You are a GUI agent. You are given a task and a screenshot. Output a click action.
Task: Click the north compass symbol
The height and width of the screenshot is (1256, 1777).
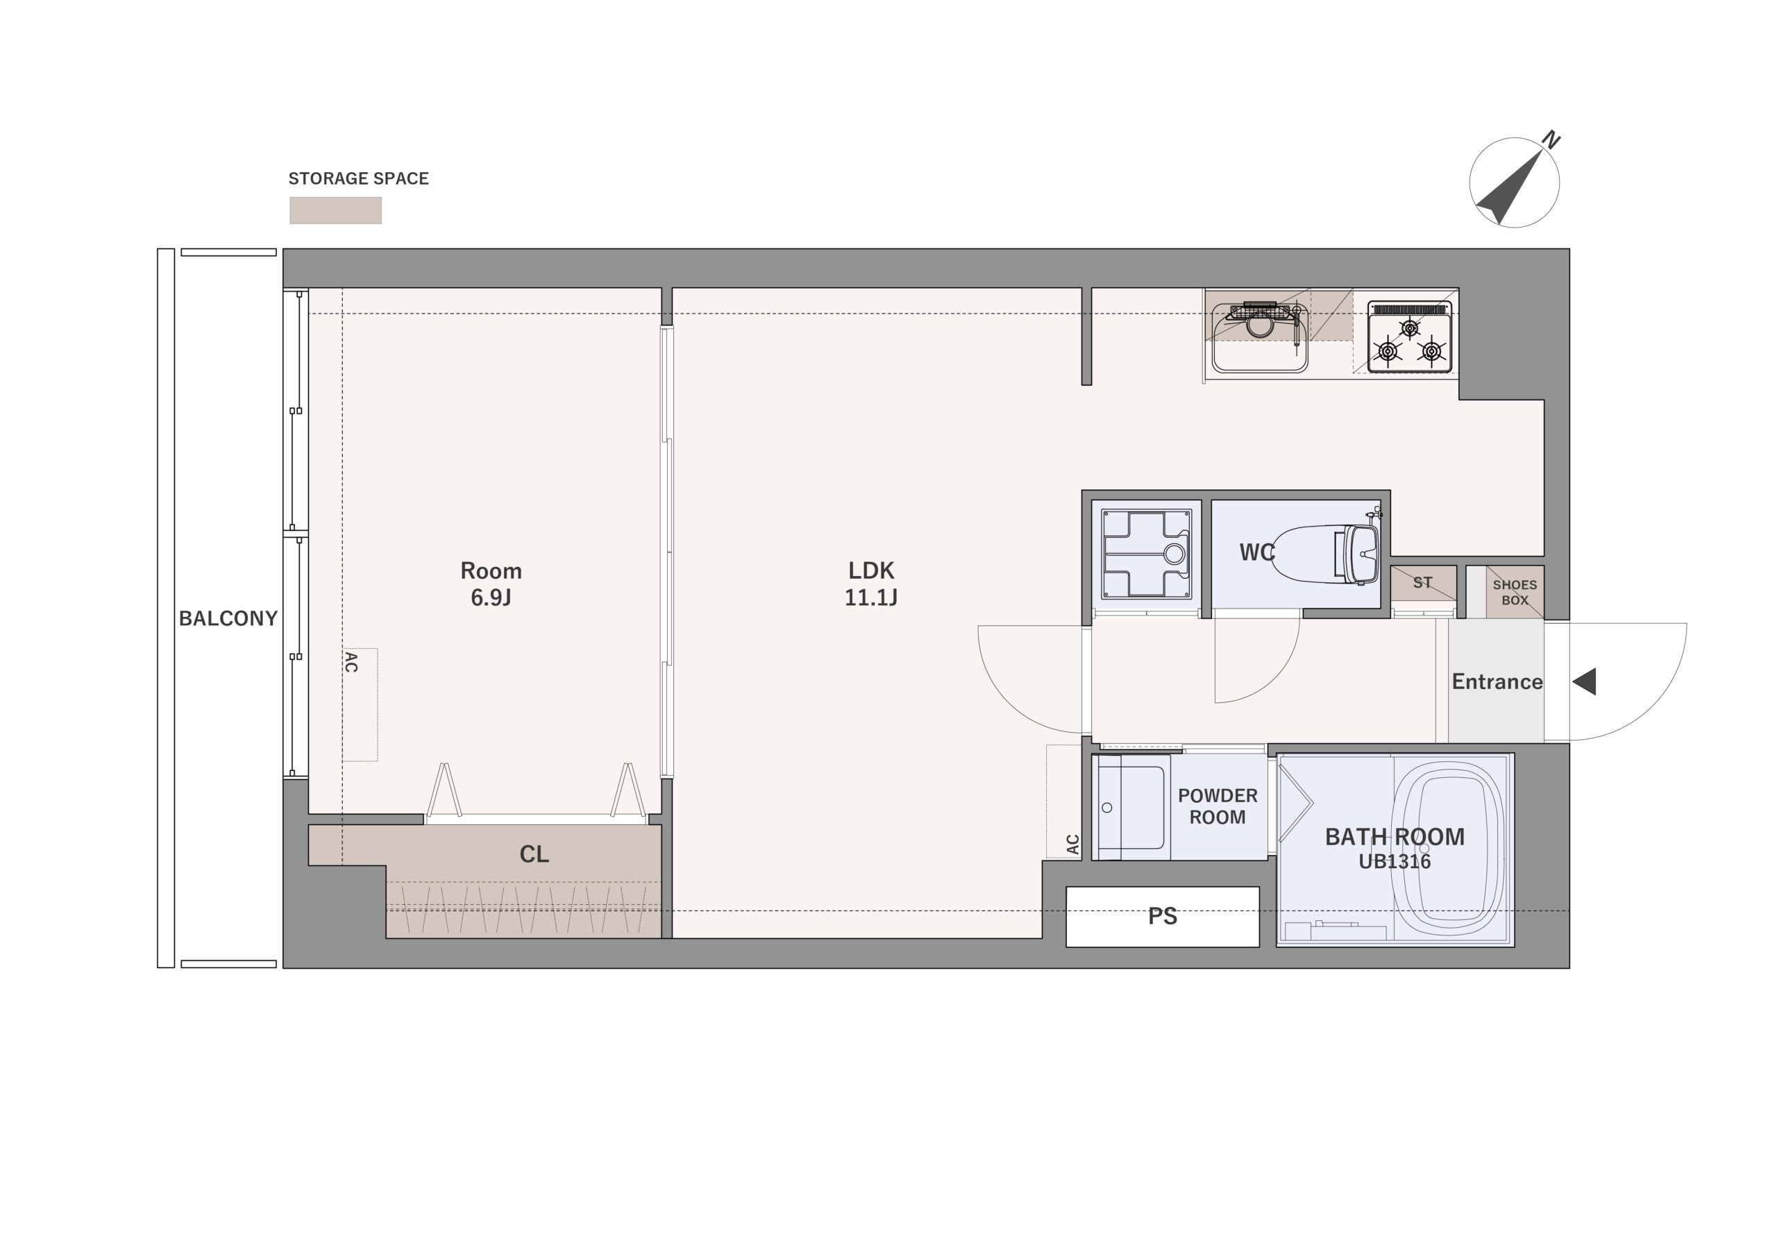(x=1514, y=183)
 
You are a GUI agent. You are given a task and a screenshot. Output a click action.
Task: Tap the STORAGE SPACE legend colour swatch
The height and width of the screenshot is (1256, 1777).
(x=335, y=210)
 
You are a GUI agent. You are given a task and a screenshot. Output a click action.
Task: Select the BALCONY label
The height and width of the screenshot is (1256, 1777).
(x=228, y=618)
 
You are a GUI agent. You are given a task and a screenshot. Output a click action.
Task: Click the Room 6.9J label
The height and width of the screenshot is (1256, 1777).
(x=491, y=584)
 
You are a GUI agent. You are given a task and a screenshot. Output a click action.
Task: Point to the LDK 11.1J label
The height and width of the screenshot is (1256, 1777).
(x=870, y=584)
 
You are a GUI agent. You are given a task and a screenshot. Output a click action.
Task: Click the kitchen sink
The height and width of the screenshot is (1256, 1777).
(x=1259, y=338)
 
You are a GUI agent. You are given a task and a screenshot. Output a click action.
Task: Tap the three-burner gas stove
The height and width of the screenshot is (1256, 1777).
(x=1409, y=337)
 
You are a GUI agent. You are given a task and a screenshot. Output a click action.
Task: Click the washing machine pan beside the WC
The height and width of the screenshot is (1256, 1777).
(x=1146, y=554)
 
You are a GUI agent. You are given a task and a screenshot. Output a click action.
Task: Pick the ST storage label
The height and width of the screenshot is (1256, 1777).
(x=1422, y=583)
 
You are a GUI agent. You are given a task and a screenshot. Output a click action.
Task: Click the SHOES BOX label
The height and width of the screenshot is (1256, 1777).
(x=1515, y=593)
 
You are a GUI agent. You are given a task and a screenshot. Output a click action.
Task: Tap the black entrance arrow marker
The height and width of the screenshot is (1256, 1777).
(x=1584, y=682)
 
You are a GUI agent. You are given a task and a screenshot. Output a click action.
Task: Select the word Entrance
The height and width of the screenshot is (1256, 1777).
(x=1497, y=682)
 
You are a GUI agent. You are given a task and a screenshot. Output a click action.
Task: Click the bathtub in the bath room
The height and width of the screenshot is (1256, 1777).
(x=1447, y=845)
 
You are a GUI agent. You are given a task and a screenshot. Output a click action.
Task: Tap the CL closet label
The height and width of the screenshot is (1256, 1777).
(x=534, y=854)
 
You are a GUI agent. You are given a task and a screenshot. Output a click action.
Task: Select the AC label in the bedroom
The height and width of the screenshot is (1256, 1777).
(x=351, y=663)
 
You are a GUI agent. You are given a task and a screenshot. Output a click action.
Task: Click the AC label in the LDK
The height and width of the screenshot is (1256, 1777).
(x=1072, y=845)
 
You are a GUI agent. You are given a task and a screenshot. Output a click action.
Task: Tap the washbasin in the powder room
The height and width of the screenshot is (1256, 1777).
(x=1131, y=807)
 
